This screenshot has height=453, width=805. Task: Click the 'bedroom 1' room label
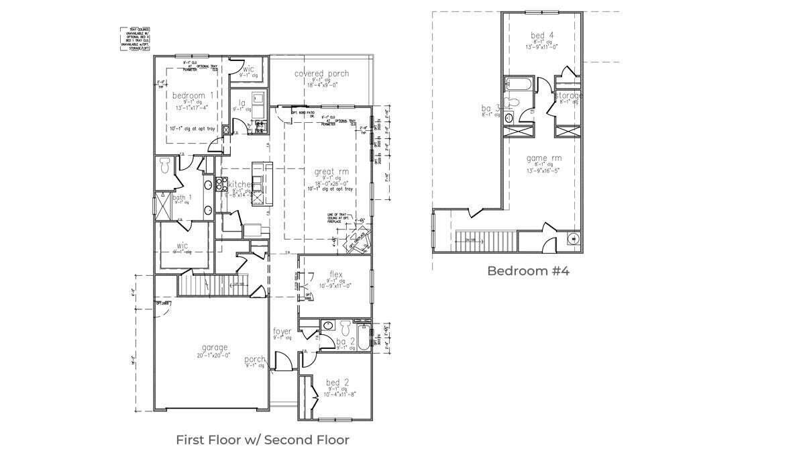(193, 95)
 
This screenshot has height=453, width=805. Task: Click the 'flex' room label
(336, 274)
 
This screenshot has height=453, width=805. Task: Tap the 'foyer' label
(282, 332)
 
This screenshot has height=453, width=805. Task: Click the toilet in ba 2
(345, 328)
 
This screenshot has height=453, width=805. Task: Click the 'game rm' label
(543, 158)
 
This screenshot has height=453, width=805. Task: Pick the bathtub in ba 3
(521, 85)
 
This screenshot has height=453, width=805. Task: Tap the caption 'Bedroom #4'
(528, 271)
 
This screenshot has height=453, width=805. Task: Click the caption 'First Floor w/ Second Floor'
(262, 440)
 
